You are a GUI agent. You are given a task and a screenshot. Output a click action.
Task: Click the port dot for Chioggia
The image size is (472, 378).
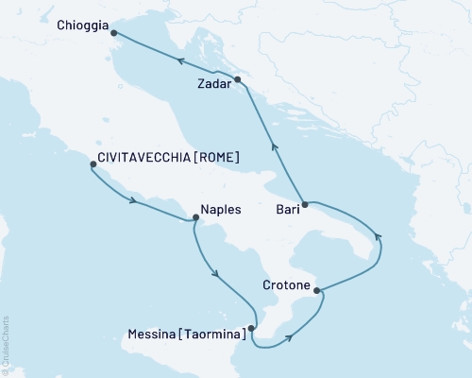[114, 33]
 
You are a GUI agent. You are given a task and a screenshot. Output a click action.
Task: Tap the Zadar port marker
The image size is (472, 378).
[238, 79]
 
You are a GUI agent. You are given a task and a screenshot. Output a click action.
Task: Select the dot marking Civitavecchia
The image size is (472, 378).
[93, 164]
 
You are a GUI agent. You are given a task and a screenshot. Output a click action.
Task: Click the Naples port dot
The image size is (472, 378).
[195, 217]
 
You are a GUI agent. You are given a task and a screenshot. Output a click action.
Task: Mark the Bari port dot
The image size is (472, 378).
[310, 203]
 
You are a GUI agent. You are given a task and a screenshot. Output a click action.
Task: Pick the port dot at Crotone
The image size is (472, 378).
[316, 290]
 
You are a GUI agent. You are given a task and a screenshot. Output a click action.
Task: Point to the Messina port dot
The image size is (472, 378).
[251, 329]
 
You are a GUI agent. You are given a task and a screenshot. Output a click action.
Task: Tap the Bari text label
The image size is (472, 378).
[289, 209]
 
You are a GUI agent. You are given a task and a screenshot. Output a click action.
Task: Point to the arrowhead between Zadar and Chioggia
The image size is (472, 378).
[177, 59]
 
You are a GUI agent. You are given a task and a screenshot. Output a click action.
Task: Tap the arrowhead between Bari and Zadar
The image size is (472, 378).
[275, 146]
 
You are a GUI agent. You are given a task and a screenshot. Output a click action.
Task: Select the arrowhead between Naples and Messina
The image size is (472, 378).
[217, 275]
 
